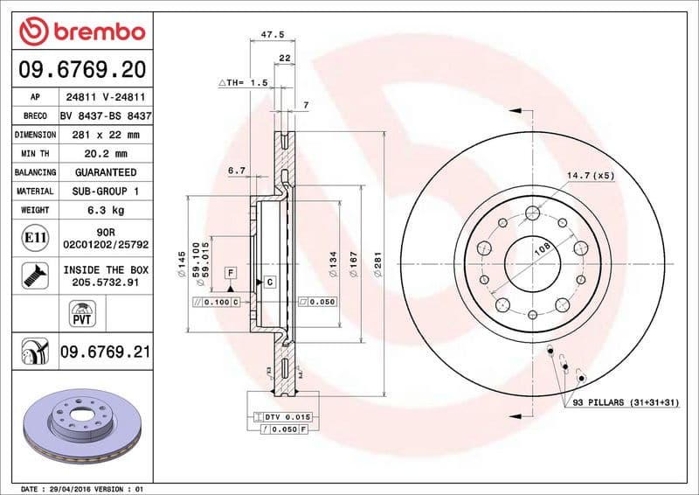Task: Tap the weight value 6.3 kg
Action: (x=105, y=210)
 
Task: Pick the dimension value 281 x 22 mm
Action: (x=105, y=135)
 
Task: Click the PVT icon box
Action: (x=81, y=312)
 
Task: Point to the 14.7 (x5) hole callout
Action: (x=591, y=176)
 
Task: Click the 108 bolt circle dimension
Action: (x=541, y=248)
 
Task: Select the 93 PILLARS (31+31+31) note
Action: (x=626, y=402)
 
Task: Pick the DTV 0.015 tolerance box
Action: (x=281, y=418)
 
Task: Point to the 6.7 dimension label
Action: (x=236, y=171)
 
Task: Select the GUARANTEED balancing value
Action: (x=105, y=172)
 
